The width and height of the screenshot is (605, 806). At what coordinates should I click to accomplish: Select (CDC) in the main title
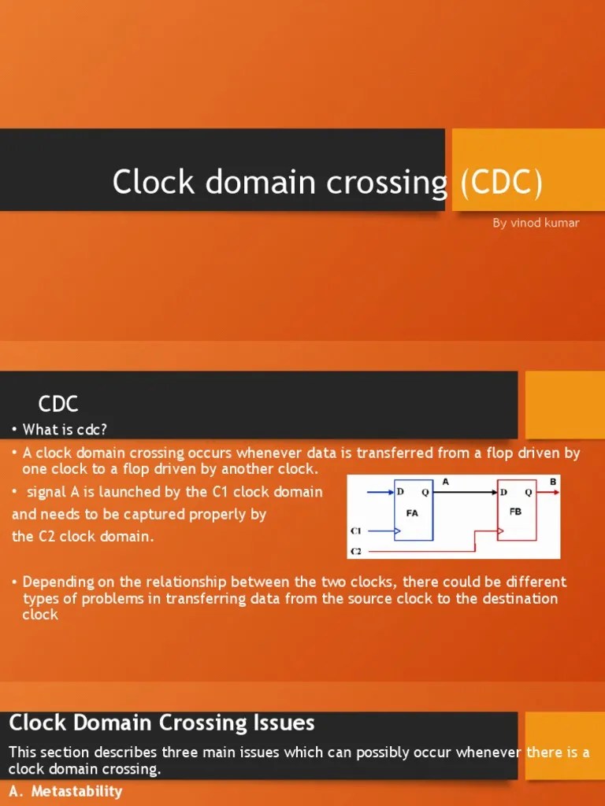pos(501,183)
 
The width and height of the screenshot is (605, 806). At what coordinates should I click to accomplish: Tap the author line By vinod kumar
pos(536,223)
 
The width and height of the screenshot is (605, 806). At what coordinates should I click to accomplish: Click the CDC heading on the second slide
pos(58,405)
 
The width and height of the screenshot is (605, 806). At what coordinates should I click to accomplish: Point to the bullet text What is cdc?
pos(65,430)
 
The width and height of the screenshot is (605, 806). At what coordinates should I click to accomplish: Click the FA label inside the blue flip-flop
pos(412,512)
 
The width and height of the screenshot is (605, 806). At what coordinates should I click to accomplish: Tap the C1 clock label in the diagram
pos(355,531)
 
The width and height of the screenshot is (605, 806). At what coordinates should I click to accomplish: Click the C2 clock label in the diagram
pos(355,552)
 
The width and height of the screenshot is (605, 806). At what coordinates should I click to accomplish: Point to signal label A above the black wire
pos(446,482)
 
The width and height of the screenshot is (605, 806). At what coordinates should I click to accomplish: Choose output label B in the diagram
pos(552,481)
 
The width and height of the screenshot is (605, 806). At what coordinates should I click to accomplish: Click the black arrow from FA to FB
pos(465,493)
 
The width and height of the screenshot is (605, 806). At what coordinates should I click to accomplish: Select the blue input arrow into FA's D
pos(379,493)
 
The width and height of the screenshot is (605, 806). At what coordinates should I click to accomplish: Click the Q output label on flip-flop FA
pos(425,493)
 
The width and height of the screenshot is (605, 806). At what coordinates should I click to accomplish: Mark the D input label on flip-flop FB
pos(504,493)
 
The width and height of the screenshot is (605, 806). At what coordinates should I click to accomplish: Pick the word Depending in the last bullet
pos(58,582)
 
